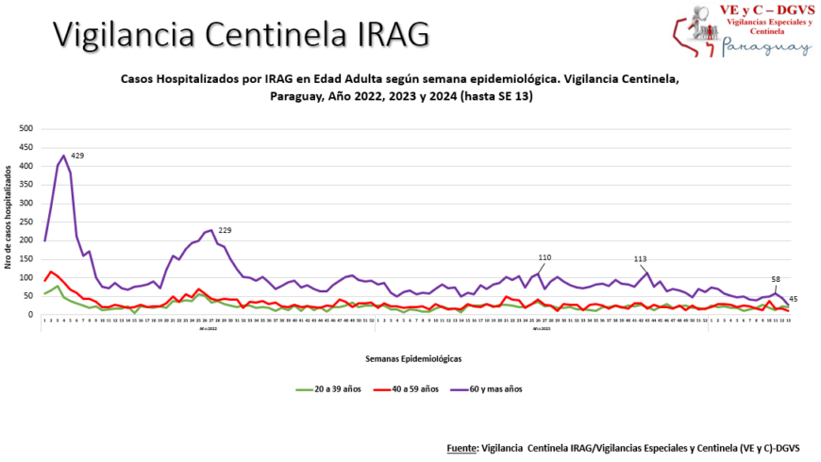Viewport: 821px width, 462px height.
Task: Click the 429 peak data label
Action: pyautogui.click(x=78, y=156)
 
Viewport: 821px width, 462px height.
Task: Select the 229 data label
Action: pyautogui.click(x=226, y=230)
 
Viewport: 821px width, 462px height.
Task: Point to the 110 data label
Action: pyautogui.click(x=545, y=257)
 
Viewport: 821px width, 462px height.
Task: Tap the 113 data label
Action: pyautogui.click(x=640, y=258)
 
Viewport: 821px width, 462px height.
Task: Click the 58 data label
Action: pyautogui.click(x=776, y=280)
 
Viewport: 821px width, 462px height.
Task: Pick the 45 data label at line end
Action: pyautogui.click(x=794, y=299)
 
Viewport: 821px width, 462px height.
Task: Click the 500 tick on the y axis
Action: pyautogui.click(x=26, y=129)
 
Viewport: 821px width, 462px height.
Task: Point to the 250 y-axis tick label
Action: pyautogui.click(x=26, y=222)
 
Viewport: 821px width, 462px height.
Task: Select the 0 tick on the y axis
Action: pyautogui.click(x=32, y=315)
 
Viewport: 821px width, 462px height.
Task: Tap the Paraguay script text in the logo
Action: pyautogui.click(x=764, y=47)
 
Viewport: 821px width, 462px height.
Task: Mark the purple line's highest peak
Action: pyautogui.click(x=63, y=156)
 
